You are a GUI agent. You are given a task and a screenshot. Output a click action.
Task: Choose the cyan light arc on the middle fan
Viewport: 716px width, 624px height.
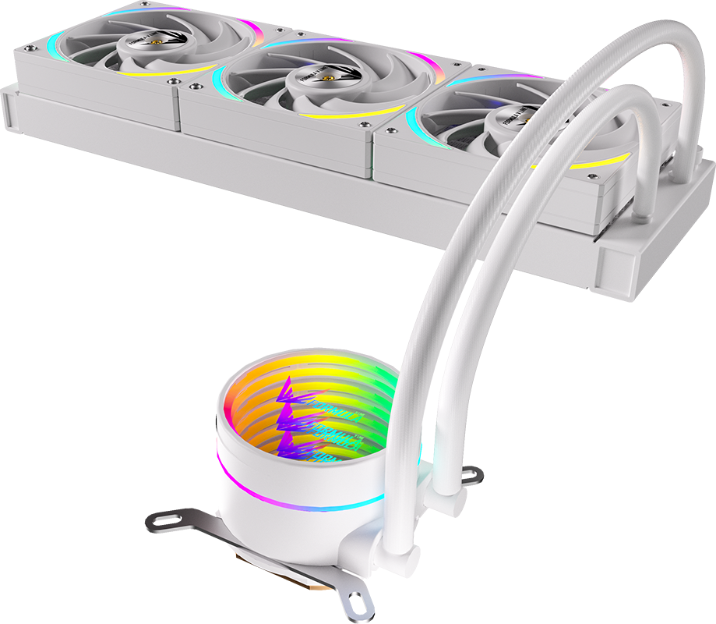tap(220, 78)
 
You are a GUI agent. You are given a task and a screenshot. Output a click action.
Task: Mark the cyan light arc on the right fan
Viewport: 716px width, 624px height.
tap(414, 125)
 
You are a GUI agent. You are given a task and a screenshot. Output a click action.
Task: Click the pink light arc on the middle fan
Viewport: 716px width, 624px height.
tap(421, 61)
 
